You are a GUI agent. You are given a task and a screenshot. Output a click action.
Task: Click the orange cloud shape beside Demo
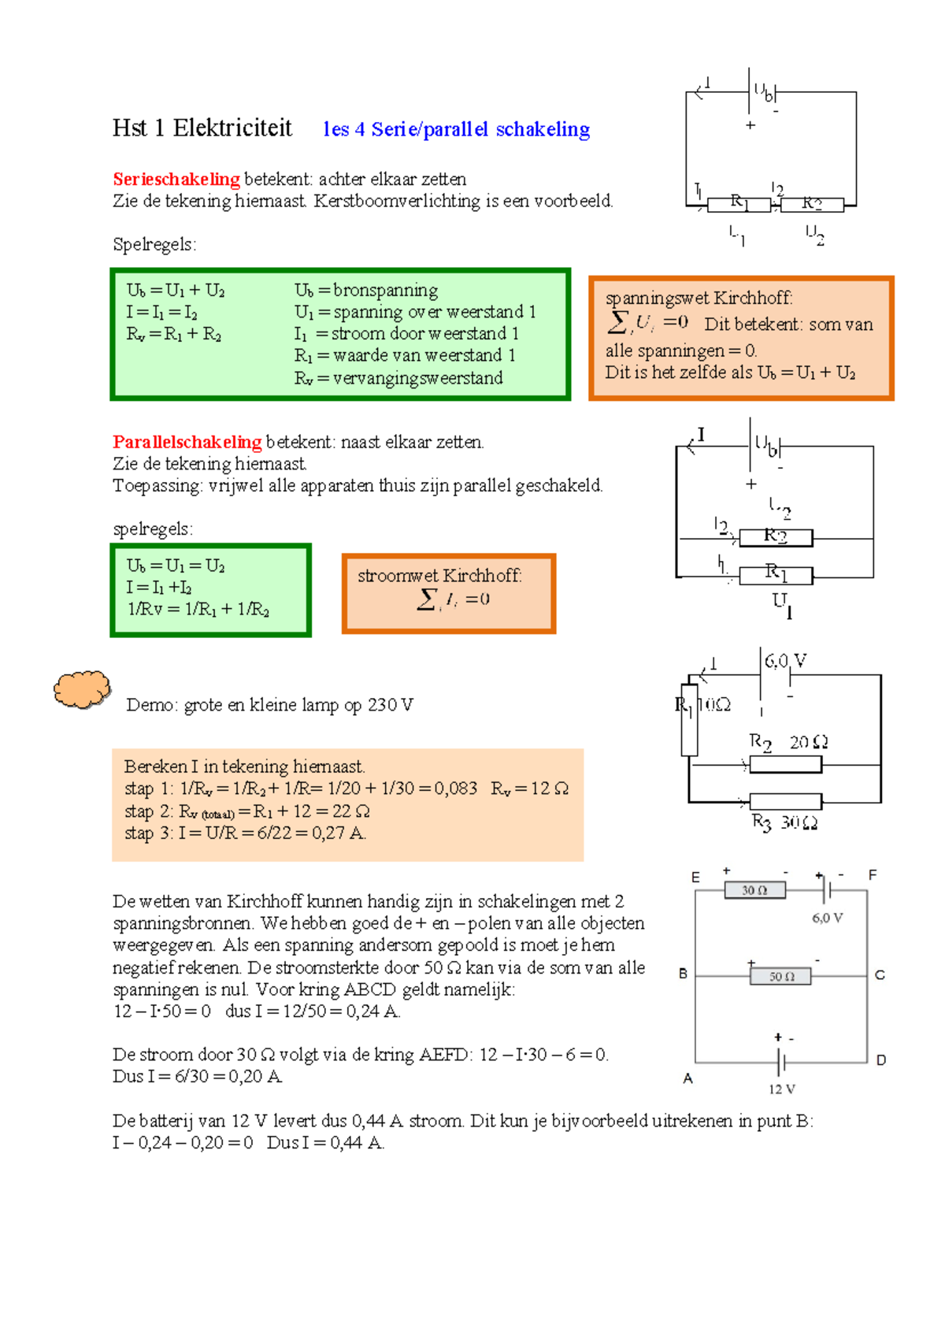tap(81, 689)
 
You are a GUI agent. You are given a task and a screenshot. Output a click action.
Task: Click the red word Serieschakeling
tap(176, 179)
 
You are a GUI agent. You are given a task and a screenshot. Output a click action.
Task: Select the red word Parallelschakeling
tap(187, 442)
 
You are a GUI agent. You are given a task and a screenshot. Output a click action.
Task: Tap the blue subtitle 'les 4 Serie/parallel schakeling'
tap(456, 129)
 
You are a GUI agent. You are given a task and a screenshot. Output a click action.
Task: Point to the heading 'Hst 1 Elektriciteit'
tap(202, 128)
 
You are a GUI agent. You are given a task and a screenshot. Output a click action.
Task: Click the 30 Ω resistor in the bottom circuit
tap(755, 890)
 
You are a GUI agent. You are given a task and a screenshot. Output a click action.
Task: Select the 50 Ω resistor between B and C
tap(779, 976)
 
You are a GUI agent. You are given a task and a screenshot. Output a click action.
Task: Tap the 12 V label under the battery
tap(781, 1089)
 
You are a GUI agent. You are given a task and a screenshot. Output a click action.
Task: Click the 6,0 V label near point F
tap(827, 918)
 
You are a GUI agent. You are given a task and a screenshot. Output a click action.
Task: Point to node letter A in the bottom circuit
tap(687, 1078)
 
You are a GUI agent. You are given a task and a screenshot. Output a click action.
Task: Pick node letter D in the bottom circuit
tap(880, 1060)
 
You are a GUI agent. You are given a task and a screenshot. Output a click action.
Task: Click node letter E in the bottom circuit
tap(695, 877)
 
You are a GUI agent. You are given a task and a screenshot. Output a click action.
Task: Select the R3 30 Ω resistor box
tap(785, 801)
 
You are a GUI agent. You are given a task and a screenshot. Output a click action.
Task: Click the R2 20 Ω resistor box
tap(785, 764)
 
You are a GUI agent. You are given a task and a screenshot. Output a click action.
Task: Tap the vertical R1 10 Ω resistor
tap(689, 720)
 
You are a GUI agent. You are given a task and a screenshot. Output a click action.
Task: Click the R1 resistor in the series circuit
tap(739, 205)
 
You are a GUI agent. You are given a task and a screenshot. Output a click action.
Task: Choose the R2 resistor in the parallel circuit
tap(776, 538)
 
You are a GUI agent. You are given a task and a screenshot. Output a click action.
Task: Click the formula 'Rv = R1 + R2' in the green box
tap(174, 334)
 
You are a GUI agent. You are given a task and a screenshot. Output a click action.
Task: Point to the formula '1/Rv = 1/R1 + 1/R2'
tap(198, 609)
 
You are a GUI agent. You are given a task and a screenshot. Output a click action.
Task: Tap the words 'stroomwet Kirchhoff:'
tap(439, 576)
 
